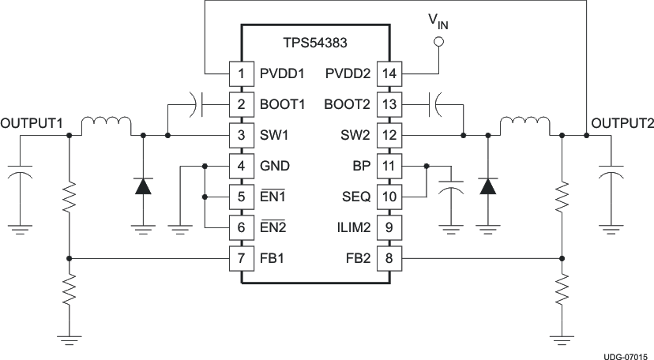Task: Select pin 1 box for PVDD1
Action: coord(242,74)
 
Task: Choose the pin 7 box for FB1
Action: coord(242,257)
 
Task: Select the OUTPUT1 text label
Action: coord(32,123)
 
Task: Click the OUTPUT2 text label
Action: coord(622,123)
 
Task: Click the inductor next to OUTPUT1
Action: coord(107,125)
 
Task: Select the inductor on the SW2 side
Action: coord(523,125)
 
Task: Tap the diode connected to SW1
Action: coord(143,186)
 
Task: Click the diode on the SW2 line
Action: coord(488,186)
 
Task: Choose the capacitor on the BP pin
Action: coord(451,193)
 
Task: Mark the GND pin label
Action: coord(274,166)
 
